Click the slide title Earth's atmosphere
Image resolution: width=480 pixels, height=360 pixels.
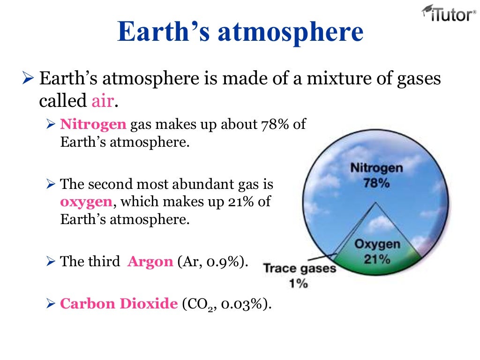tap(240, 32)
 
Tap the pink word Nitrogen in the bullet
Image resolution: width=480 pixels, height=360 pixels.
tap(93, 124)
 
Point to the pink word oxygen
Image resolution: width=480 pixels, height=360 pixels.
tap(86, 202)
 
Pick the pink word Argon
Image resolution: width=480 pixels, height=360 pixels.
tap(150, 261)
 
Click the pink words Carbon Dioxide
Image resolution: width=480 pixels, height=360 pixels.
tap(119, 303)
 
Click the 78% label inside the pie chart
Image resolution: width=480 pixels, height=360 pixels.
tap(376, 183)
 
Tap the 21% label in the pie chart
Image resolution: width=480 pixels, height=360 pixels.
tap(377, 259)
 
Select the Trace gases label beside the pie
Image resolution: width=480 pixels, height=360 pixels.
tap(300, 269)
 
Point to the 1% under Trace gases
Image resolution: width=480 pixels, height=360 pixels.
tap(299, 283)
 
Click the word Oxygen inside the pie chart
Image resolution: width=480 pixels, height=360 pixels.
tap(377, 244)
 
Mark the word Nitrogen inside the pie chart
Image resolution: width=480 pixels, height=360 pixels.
tap(376, 168)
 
